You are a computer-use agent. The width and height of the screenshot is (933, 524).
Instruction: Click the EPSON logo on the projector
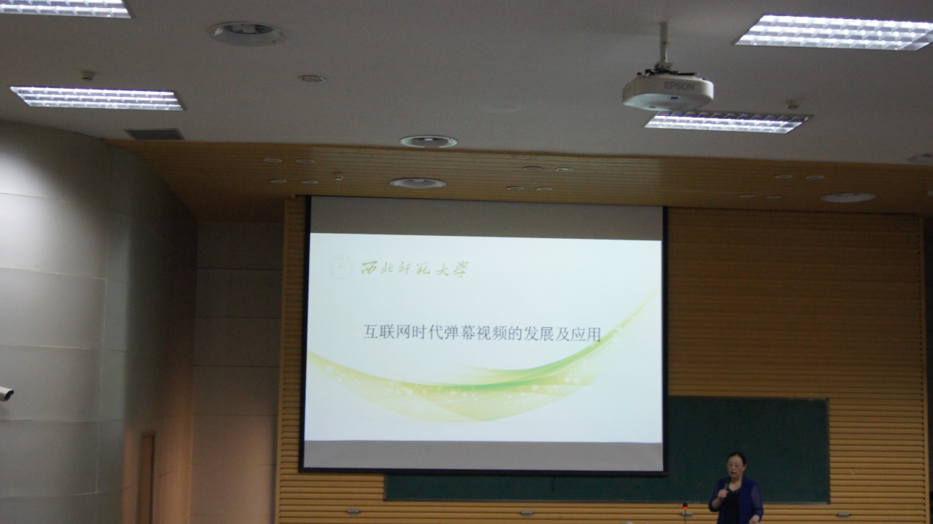pos(679,86)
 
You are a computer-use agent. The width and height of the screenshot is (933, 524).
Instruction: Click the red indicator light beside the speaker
pos(685,506)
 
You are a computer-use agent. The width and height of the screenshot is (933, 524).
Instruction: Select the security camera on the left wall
pos(6,393)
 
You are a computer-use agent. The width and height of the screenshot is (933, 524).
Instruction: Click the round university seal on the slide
pos(341,266)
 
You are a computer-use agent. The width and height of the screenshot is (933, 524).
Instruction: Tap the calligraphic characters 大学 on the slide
pos(452,270)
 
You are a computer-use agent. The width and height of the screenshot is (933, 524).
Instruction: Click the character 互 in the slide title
pos(371,332)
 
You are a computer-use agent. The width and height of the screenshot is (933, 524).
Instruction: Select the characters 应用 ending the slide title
pos(586,334)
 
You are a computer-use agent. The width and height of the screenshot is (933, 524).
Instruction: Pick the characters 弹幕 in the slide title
pos(459,333)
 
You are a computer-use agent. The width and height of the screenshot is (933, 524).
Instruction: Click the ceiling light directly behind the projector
pos(727,122)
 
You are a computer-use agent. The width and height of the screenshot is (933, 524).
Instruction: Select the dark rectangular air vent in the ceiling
pos(155,134)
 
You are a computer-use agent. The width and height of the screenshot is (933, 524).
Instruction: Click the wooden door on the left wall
pos(146,478)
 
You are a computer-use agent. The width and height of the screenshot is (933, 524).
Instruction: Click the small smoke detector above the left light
pos(87,75)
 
